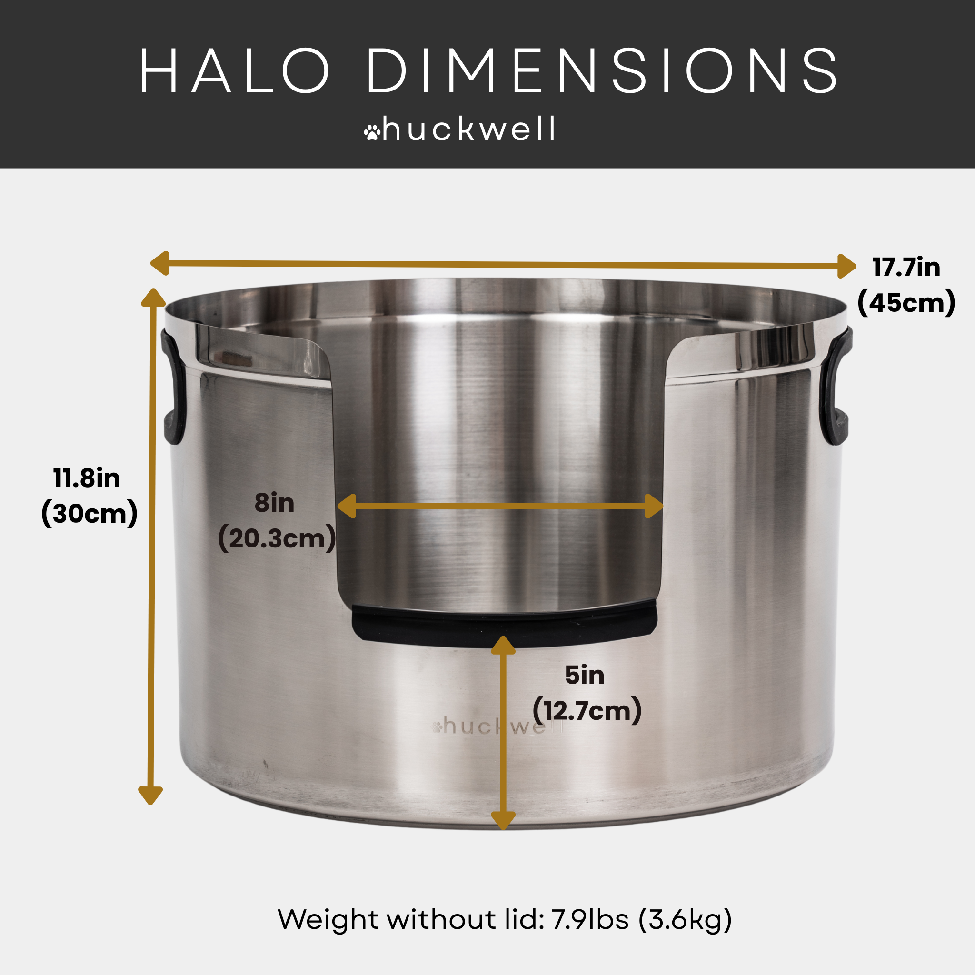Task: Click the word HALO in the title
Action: (x=234, y=71)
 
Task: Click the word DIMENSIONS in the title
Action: (x=602, y=71)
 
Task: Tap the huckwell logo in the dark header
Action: (x=460, y=129)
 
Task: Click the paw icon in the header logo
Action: (x=372, y=132)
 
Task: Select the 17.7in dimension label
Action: (x=906, y=268)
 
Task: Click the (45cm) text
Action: (x=906, y=303)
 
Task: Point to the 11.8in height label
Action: (x=87, y=478)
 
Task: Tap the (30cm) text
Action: (x=90, y=514)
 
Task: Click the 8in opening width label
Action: (x=274, y=503)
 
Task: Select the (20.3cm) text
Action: (x=277, y=538)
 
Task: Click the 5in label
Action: (x=585, y=675)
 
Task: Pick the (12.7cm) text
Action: (x=587, y=711)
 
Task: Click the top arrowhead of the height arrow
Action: (x=153, y=298)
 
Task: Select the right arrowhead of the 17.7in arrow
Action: (x=846, y=267)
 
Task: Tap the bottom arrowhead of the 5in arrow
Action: (x=503, y=820)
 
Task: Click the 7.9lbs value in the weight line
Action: (x=589, y=919)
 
